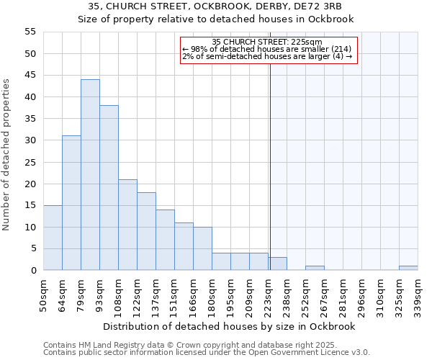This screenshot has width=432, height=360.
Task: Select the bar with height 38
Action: coord(109,188)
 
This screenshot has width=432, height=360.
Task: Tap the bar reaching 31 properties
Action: coord(71,203)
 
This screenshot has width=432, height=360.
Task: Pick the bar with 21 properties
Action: coord(127,225)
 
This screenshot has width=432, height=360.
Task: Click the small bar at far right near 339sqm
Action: coord(408,268)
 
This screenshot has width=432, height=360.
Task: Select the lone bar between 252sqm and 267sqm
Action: coord(315,268)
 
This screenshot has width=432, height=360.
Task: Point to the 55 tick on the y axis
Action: coord(30,32)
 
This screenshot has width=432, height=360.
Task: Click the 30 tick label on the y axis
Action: coord(30,140)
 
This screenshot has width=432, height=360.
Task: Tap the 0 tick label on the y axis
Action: coord(32,271)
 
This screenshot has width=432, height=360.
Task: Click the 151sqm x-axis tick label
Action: coord(175,296)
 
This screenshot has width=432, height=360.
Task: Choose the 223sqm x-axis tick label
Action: coord(268,296)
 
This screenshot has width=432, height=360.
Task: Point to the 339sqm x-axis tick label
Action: coord(418,296)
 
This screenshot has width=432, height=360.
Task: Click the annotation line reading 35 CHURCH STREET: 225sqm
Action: coord(267,42)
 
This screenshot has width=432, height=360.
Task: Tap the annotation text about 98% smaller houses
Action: coord(266,49)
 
